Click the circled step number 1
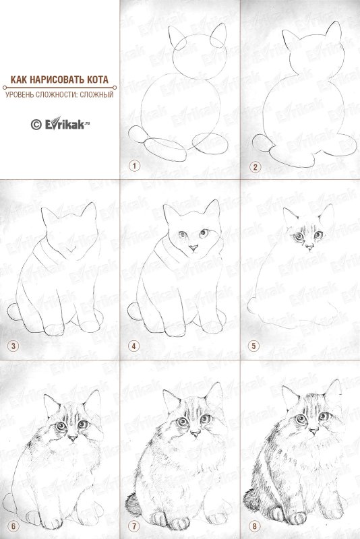134,166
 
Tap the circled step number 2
255,167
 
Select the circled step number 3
13,346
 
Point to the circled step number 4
134,346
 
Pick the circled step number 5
253,346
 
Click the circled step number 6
13,526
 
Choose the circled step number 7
134,526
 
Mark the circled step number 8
254,526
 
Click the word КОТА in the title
96,80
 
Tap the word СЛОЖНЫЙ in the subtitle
96,94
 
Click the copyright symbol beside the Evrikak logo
36,125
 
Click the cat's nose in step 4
193,247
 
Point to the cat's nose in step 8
313,431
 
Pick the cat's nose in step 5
310,246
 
